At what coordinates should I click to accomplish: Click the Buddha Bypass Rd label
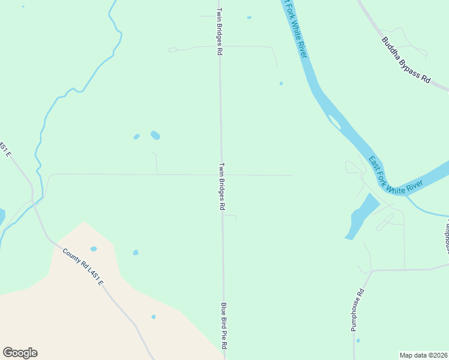(407, 61)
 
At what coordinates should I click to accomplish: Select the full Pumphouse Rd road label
(358, 311)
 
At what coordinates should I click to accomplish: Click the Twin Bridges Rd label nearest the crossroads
(221, 186)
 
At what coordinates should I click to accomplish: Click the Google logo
(20, 353)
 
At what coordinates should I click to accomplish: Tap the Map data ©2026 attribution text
(424, 355)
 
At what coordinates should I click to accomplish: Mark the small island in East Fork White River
(334, 123)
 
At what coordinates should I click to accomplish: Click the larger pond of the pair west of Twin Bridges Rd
(155, 135)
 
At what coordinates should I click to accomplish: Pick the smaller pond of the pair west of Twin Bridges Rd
(136, 137)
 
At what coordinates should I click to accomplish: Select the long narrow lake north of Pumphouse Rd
(362, 217)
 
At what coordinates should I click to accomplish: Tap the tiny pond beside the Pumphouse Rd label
(358, 341)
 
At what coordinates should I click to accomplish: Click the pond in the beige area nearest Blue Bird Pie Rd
(154, 317)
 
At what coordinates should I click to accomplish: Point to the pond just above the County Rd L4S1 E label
(93, 248)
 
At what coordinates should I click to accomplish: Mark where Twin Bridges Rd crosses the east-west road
(221, 175)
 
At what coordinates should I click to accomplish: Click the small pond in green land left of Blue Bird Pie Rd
(136, 253)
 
